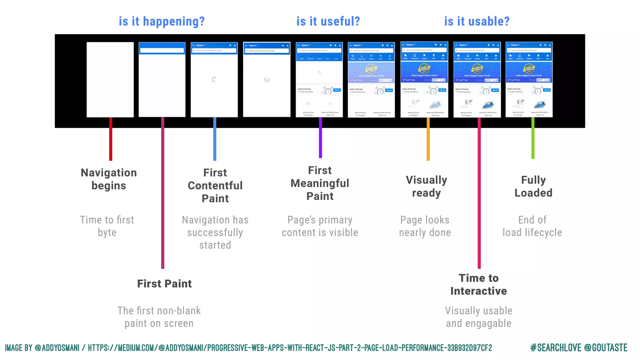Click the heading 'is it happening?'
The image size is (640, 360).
pos(162,22)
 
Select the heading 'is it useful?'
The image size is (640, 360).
pos(328,22)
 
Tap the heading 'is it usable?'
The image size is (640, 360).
pos(477,22)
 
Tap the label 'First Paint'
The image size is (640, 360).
pos(164,284)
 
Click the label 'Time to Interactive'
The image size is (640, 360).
pos(478,284)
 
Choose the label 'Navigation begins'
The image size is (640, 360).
pos(109,179)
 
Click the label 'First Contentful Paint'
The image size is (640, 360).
pos(215,185)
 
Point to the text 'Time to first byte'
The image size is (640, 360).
pos(107,226)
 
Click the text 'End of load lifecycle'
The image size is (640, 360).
pos(532,226)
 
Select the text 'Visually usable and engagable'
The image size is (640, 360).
pos(478,317)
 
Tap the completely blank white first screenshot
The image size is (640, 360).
pos(110,80)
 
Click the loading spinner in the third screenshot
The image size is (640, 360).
pos(214,80)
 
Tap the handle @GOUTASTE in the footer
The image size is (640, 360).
pos(606,348)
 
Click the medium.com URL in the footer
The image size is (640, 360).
pos(290,348)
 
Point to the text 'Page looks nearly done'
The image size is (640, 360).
pos(425,226)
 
